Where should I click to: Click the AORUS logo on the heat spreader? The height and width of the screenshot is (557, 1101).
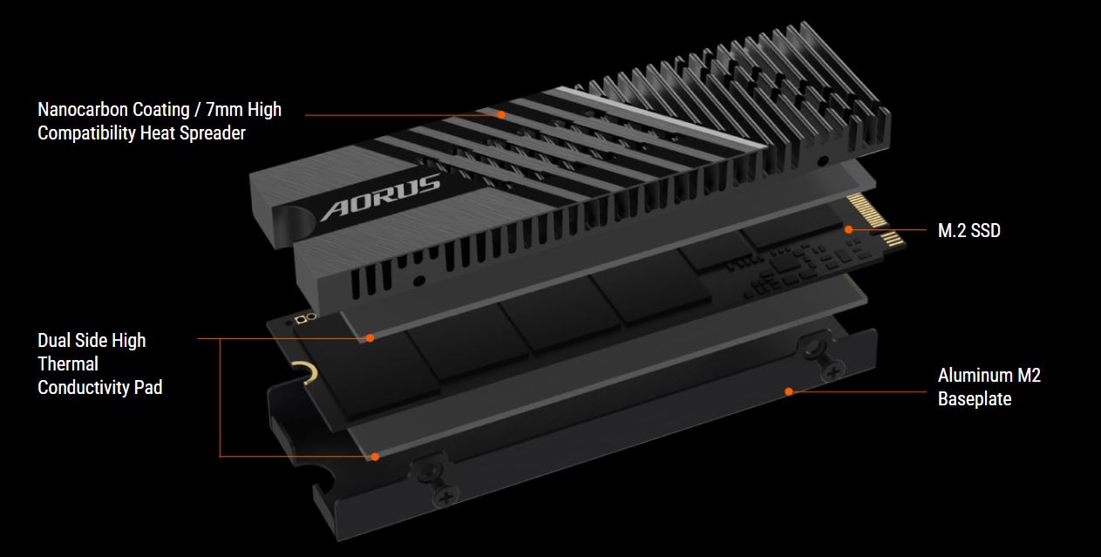tap(380, 196)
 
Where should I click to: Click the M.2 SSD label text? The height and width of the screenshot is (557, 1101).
tap(968, 231)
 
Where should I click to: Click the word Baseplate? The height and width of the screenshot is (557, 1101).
tap(975, 398)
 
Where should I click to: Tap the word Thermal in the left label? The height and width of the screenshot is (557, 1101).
tap(68, 363)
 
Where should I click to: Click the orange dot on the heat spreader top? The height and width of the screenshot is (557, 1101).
tap(501, 115)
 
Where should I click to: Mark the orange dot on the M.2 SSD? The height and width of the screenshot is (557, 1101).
tap(848, 229)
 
